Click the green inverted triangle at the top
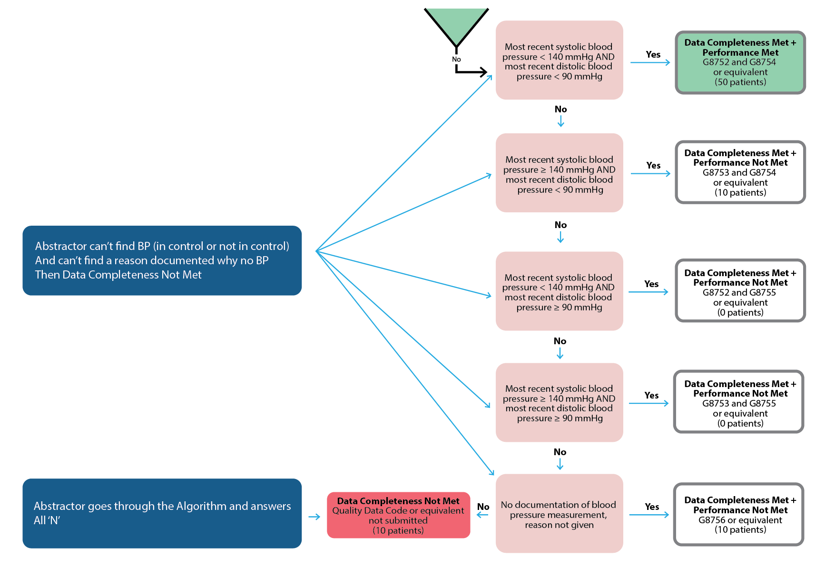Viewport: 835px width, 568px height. (x=456, y=24)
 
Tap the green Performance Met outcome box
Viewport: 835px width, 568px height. (x=740, y=62)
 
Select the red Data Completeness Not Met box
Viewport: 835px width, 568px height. (x=398, y=515)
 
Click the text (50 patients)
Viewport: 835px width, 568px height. (x=740, y=82)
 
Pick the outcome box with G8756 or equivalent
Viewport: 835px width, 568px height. (x=739, y=514)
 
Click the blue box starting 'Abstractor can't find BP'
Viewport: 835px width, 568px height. (x=162, y=260)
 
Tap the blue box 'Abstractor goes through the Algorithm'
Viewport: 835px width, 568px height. (x=162, y=513)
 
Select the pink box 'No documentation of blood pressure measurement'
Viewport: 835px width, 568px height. (x=559, y=513)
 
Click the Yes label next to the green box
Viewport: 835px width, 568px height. (x=653, y=54)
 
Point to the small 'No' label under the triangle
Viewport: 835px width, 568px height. (x=456, y=59)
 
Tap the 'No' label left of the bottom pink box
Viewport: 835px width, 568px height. (x=483, y=507)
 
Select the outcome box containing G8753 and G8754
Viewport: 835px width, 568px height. (x=740, y=172)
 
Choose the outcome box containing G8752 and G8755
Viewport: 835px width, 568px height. (x=740, y=290)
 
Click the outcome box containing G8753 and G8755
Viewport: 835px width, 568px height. (x=739, y=401)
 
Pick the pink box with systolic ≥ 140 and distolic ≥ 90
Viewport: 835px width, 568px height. (x=559, y=402)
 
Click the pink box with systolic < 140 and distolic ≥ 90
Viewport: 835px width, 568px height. (x=559, y=291)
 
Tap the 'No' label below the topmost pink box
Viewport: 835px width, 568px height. (x=560, y=109)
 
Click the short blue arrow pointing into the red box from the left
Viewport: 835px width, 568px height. (x=314, y=517)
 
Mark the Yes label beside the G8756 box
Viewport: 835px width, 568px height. (x=652, y=507)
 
